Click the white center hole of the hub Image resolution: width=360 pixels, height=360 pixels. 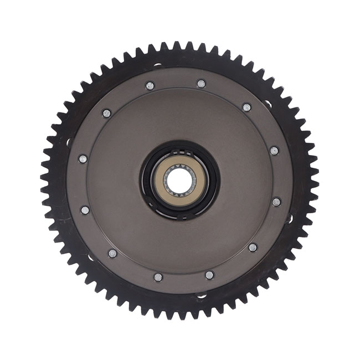179,179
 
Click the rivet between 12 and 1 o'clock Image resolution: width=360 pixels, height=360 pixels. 201,84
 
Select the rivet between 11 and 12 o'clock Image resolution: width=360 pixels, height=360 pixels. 150,86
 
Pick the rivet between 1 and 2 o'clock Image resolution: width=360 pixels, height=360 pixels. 246,107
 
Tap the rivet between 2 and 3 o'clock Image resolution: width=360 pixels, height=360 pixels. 274,151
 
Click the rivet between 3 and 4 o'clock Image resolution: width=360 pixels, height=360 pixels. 276,202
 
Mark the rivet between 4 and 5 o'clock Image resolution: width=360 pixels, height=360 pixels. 253,248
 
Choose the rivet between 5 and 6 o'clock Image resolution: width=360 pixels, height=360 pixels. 209,275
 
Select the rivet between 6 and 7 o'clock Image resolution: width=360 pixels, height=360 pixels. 158,277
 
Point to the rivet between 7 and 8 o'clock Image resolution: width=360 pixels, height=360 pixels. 112,253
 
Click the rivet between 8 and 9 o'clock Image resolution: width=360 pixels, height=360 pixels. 85,210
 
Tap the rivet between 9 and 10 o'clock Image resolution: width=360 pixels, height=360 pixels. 83,159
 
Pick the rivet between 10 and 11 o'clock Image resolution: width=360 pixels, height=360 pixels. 106,113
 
